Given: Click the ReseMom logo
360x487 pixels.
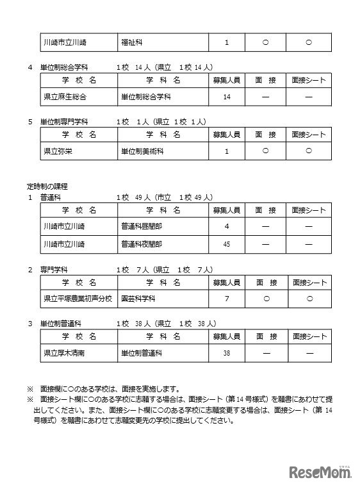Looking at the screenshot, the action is point(320,472).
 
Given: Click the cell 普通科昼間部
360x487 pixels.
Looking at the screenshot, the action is point(141,227).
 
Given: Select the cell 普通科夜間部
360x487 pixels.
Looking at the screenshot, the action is point(141,244).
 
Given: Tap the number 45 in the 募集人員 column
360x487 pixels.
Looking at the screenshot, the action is point(227,244).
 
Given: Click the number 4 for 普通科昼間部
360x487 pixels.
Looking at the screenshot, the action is point(227,227).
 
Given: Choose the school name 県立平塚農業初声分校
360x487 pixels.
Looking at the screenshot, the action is point(77,299).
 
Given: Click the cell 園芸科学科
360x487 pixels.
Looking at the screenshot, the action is point(138,299).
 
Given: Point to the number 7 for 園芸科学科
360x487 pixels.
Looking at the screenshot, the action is point(227,299).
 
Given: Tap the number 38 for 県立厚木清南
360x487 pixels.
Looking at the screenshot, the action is point(227,353).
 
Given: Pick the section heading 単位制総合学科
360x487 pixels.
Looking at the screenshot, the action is point(64,67).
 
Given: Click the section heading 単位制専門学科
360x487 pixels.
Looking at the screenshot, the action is point(64,121).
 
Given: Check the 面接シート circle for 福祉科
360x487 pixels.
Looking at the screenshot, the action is point(309,43).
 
